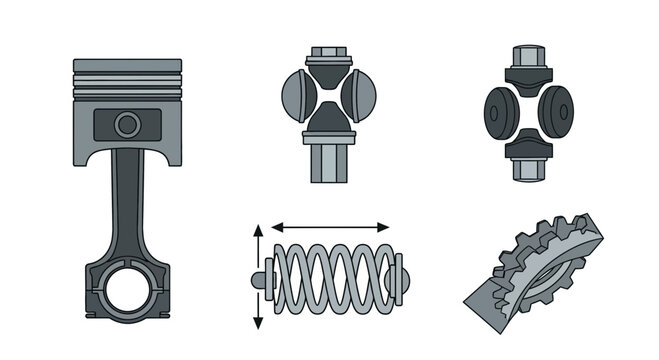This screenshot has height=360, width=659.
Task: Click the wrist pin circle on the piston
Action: [x=127, y=125]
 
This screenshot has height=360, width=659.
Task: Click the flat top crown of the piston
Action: [x=126, y=65]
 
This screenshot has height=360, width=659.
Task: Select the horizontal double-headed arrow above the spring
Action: [x=331, y=227]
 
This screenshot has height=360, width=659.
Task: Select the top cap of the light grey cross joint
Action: [x=329, y=52]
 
